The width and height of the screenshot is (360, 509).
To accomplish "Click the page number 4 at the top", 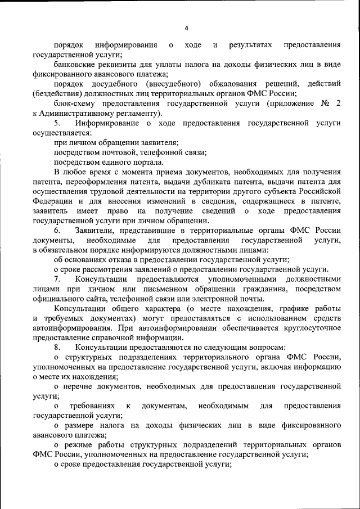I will tap(186, 28).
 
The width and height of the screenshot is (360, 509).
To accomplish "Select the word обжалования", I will tap(238, 83).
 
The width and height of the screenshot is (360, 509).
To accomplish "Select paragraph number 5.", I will tap(56, 123).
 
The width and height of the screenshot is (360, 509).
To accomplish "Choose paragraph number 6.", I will tap(56, 229).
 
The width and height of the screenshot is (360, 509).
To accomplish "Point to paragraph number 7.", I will tap(56, 279).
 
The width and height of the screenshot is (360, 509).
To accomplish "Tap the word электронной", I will tap(211, 298).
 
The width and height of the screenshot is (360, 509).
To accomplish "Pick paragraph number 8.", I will tap(56, 347).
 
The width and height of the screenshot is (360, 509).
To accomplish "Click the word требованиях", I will tap(92, 406).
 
